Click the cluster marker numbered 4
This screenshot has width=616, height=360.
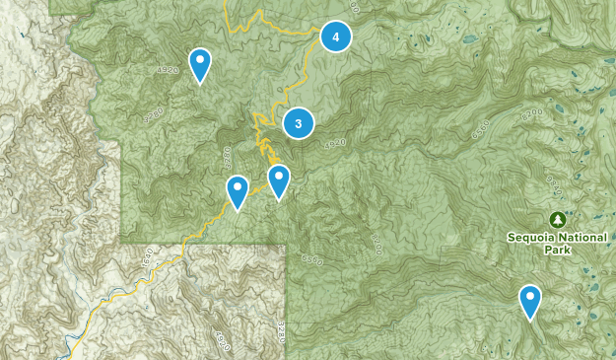(x=336, y=37)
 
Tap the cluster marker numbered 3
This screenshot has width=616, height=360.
(x=298, y=123)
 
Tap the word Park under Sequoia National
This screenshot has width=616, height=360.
(x=558, y=250)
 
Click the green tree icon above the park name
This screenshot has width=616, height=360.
(x=558, y=218)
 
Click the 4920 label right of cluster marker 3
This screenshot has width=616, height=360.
(x=335, y=142)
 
